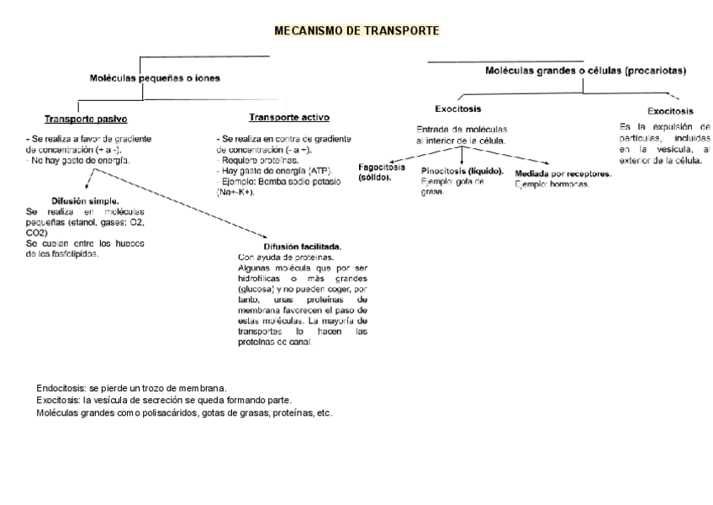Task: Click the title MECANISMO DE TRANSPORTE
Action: coord(356,31)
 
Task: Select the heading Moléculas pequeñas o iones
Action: coord(155,78)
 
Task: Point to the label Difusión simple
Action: coord(85,201)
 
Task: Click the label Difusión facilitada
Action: coord(303,247)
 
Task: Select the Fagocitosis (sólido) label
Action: coord(381,172)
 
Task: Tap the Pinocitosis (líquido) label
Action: coord(462,171)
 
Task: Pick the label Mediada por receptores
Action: coord(562,174)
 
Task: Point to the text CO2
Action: coord(37,232)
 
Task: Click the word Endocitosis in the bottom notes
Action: coord(60,388)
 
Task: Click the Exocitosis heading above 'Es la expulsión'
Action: coord(670,111)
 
